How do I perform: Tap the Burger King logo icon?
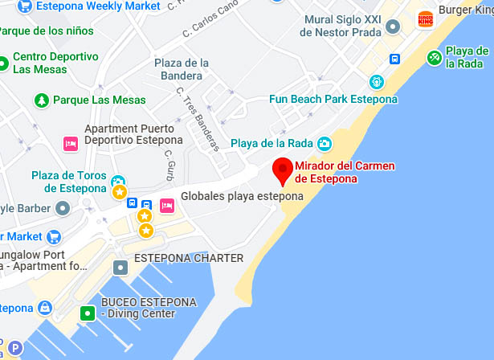tap(426, 18)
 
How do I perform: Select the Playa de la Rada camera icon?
tap(325, 144)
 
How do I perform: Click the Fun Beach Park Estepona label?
tap(333, 99)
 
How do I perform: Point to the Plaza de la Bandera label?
tap(182, 69)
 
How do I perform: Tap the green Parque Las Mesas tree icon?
tap(40, 100)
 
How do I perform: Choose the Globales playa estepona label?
tap(242, 196)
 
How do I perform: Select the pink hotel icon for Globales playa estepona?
tap(167, 205)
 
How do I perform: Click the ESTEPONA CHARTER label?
tap(188, 258)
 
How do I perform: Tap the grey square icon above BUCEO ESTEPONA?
tap(120, 267)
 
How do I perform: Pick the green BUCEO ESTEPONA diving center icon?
tap(86, 313)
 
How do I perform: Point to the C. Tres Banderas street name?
tap(198, 118)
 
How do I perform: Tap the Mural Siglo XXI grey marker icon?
tap(392, 26)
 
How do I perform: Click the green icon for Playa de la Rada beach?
tap(435, 56)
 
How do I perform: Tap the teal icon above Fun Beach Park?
tap(376, 81)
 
